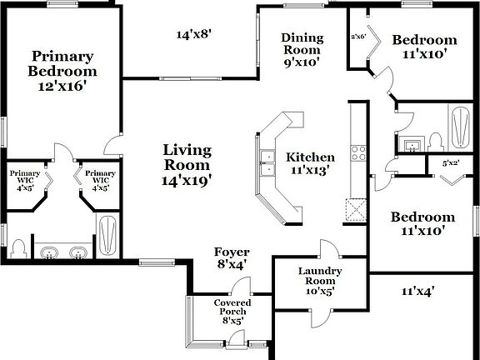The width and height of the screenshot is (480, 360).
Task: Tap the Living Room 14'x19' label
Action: click(x=187, y=163)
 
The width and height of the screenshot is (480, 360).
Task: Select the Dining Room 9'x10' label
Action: click(x=302, y=49)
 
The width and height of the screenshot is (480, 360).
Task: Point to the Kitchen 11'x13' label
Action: click(x=310, y=163)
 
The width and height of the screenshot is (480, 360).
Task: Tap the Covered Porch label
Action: click(x=232, y=310)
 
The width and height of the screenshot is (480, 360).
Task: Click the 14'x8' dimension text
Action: click(x=194, y=35)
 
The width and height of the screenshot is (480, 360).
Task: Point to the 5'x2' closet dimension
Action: click(x=450, y=163)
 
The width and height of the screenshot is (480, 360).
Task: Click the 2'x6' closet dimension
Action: click(x=358, y=37)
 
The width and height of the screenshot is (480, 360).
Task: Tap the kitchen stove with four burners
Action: click(x=358, y=152)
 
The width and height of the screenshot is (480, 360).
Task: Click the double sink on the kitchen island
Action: click(x=267, y=162)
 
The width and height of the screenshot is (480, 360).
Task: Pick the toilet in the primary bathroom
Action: click(x=18, y=249)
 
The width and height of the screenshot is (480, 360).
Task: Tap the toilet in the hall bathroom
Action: click(x=434, y=142)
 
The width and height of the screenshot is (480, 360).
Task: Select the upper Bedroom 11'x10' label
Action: click(x=424, y=46)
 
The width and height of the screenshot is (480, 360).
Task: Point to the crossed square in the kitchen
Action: click(x=357, y=209)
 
